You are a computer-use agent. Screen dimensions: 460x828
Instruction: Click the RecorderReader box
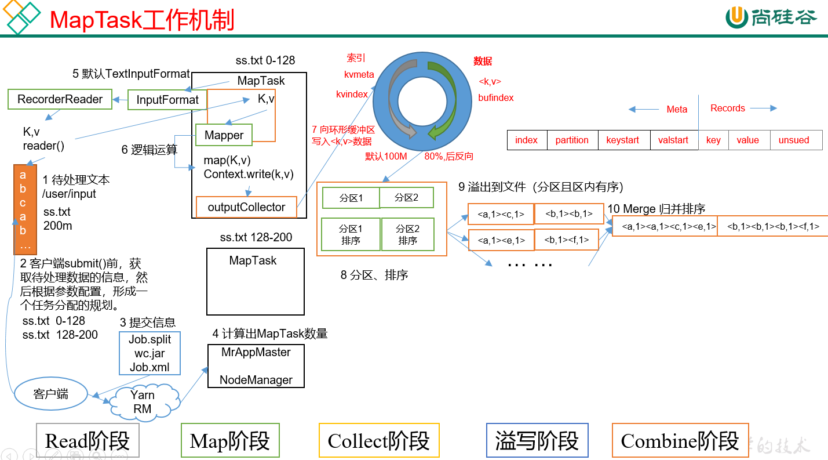tap(60, 99)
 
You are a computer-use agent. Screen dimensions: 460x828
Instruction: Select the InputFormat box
tap(167, 100)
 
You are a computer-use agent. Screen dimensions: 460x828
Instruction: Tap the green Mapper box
tap(224, 135)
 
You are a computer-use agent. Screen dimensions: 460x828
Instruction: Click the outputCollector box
tap(246, 207)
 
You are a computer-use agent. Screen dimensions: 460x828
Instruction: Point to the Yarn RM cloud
tap(142, 402)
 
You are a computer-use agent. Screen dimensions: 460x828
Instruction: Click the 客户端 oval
tap(51, 394)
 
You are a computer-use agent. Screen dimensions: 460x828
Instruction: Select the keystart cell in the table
tap(622, 140)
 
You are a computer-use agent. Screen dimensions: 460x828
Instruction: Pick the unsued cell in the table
tap(793, 140)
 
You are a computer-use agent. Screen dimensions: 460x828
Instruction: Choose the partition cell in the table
tap(572, 140)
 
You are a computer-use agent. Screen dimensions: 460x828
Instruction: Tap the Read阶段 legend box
tap(87, 440)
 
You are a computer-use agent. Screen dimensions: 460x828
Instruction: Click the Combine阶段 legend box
tap(679, 440)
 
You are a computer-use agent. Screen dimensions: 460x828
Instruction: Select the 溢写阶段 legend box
tap(537, 440)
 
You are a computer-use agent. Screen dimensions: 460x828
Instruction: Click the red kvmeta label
tap(359, 74)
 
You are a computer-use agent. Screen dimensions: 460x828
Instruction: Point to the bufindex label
tap(496, 98)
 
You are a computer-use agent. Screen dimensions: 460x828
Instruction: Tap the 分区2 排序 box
tap(407, 234)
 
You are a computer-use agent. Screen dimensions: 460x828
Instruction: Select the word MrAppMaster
tap(256, 352)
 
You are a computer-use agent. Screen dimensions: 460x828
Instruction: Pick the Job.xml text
tap(149, 367)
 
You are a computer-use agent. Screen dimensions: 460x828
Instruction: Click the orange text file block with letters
tap(23, 209)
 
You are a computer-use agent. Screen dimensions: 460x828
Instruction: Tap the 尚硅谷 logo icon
tap(736, 17)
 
